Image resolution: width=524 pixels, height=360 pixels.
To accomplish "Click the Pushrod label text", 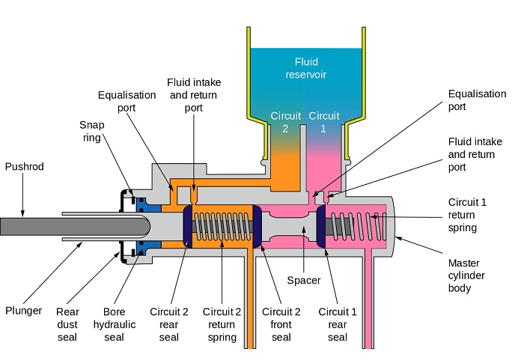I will click(24, 167).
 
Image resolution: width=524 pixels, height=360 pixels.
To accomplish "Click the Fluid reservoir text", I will click(305, 69).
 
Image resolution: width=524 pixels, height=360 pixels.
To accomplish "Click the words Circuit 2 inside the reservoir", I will click(284, 122).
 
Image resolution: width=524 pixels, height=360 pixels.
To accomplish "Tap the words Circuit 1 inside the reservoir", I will click(324, 122).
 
